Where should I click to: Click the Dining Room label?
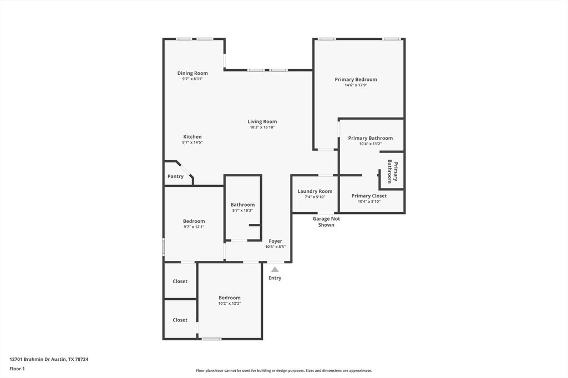pos(192,73)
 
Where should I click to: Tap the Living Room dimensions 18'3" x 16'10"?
pos(262,127)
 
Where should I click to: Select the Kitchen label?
pos(192,137)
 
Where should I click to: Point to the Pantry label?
pos(175,176)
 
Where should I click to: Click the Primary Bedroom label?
pos(356,79)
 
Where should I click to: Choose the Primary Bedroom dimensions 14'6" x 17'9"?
pos(356,85)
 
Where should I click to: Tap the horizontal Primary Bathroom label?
pos(370,138)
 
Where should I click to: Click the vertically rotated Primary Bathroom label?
pos(393,172)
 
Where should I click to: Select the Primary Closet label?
pos(369,196)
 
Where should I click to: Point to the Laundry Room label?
pos(315,191)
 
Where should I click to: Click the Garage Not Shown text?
pos(326,222)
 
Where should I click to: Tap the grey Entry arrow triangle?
pos(275,269)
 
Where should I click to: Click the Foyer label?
pos(275,241)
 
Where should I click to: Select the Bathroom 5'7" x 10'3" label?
pos(242,205)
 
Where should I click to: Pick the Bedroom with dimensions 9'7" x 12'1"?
pos(194,221)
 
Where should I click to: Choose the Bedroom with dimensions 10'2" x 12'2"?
pos(229,298)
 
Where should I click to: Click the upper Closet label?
pos(180,282)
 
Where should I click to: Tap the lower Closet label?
pos(180,320)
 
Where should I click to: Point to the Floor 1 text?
pos(17,369)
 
